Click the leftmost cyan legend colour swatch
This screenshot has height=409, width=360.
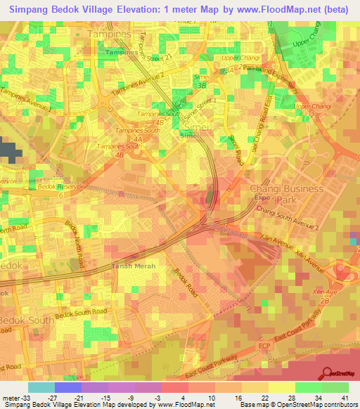click(x=41, y=387)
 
